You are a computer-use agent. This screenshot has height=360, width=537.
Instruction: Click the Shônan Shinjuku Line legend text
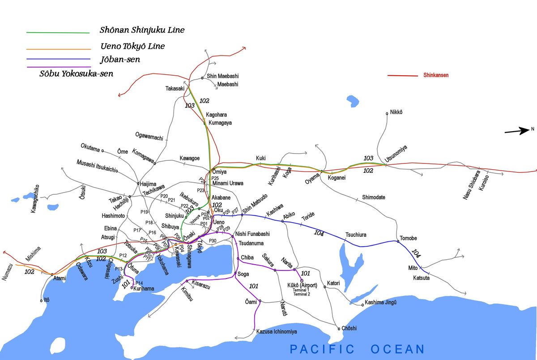(142, 30)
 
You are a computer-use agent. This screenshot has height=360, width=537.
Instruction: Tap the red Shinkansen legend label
(436, 75)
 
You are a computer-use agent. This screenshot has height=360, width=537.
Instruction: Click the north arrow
(517, 131)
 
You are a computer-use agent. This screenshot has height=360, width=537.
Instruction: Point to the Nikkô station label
(396, 112)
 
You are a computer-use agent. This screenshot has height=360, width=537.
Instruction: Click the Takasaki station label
(175, 89)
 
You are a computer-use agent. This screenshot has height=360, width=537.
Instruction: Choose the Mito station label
(413, 268)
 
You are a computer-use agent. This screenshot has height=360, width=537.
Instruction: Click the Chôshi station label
(349, 328)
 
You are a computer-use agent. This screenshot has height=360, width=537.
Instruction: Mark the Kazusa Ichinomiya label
(277, 332)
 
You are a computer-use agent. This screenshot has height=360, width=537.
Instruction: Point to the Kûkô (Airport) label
(302, 285)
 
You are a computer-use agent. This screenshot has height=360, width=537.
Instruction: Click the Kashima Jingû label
(381, 302)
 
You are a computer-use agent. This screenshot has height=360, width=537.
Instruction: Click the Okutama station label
(90, 147)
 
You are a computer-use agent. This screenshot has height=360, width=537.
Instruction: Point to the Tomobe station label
(408, 238)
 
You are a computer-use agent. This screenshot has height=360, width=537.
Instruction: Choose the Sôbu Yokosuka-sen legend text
(76, 74)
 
